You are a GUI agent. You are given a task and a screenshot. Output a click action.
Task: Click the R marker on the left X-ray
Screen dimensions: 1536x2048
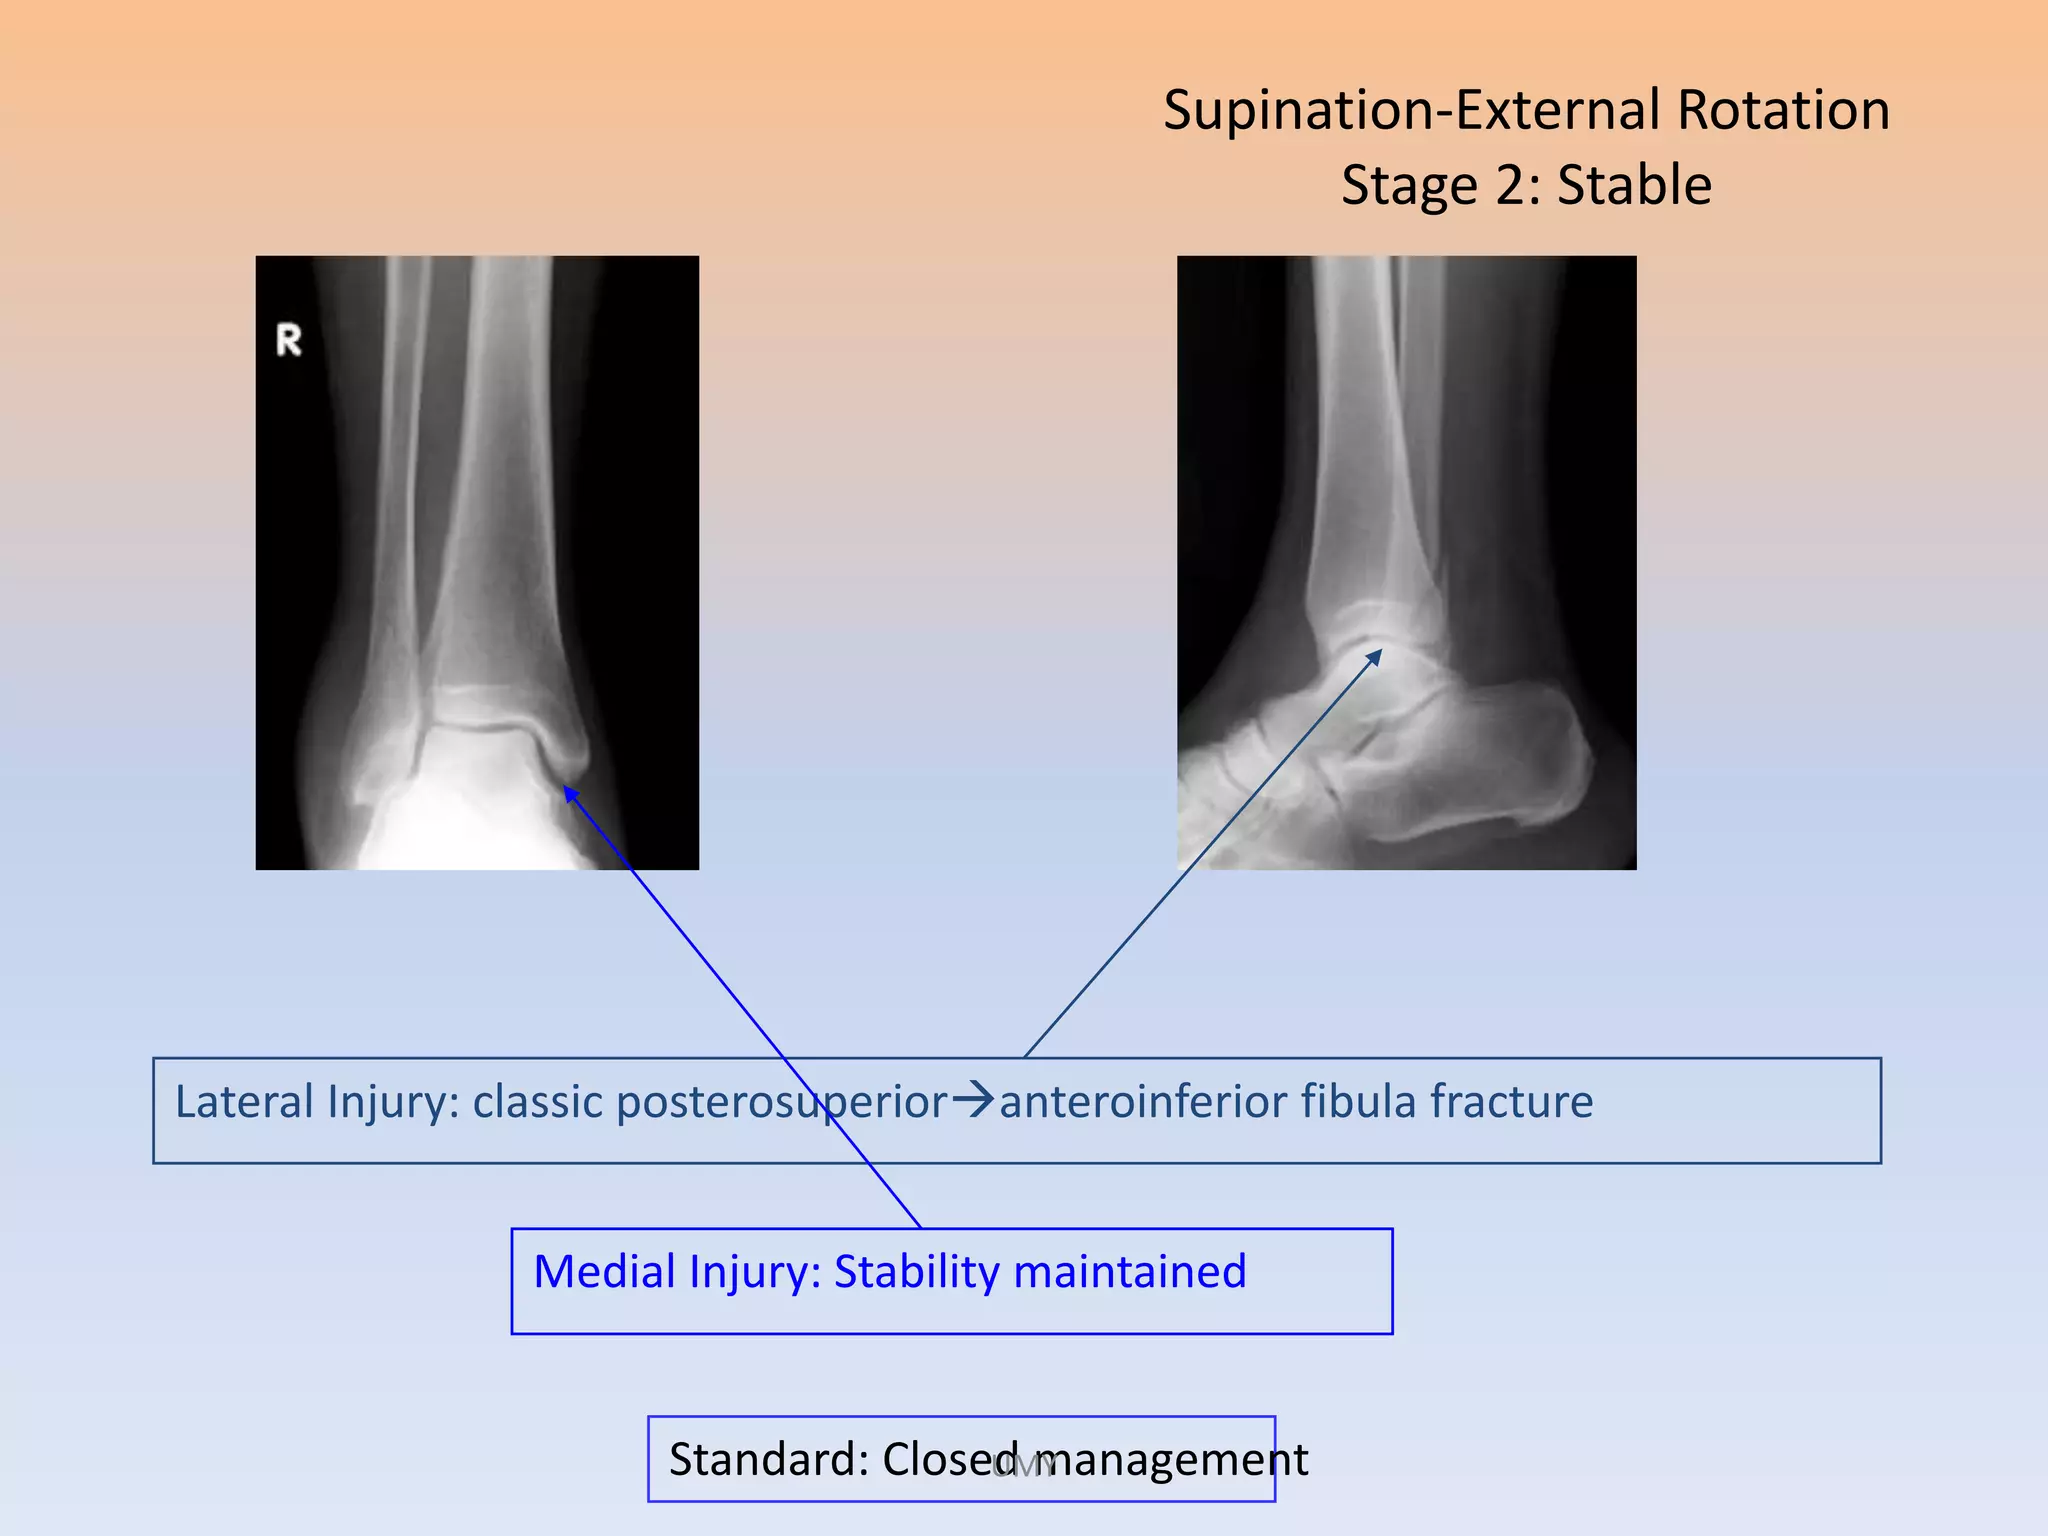coord(288,340)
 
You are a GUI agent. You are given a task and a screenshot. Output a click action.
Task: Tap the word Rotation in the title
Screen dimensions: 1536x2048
coord(1783,110)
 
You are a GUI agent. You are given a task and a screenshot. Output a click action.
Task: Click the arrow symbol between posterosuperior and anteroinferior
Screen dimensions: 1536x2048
coord(973,1101)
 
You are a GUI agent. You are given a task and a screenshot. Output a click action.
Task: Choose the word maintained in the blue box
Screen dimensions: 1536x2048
coord(1130,1272)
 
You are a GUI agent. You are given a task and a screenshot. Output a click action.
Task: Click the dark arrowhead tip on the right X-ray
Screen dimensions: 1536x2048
coord(1380,651)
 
